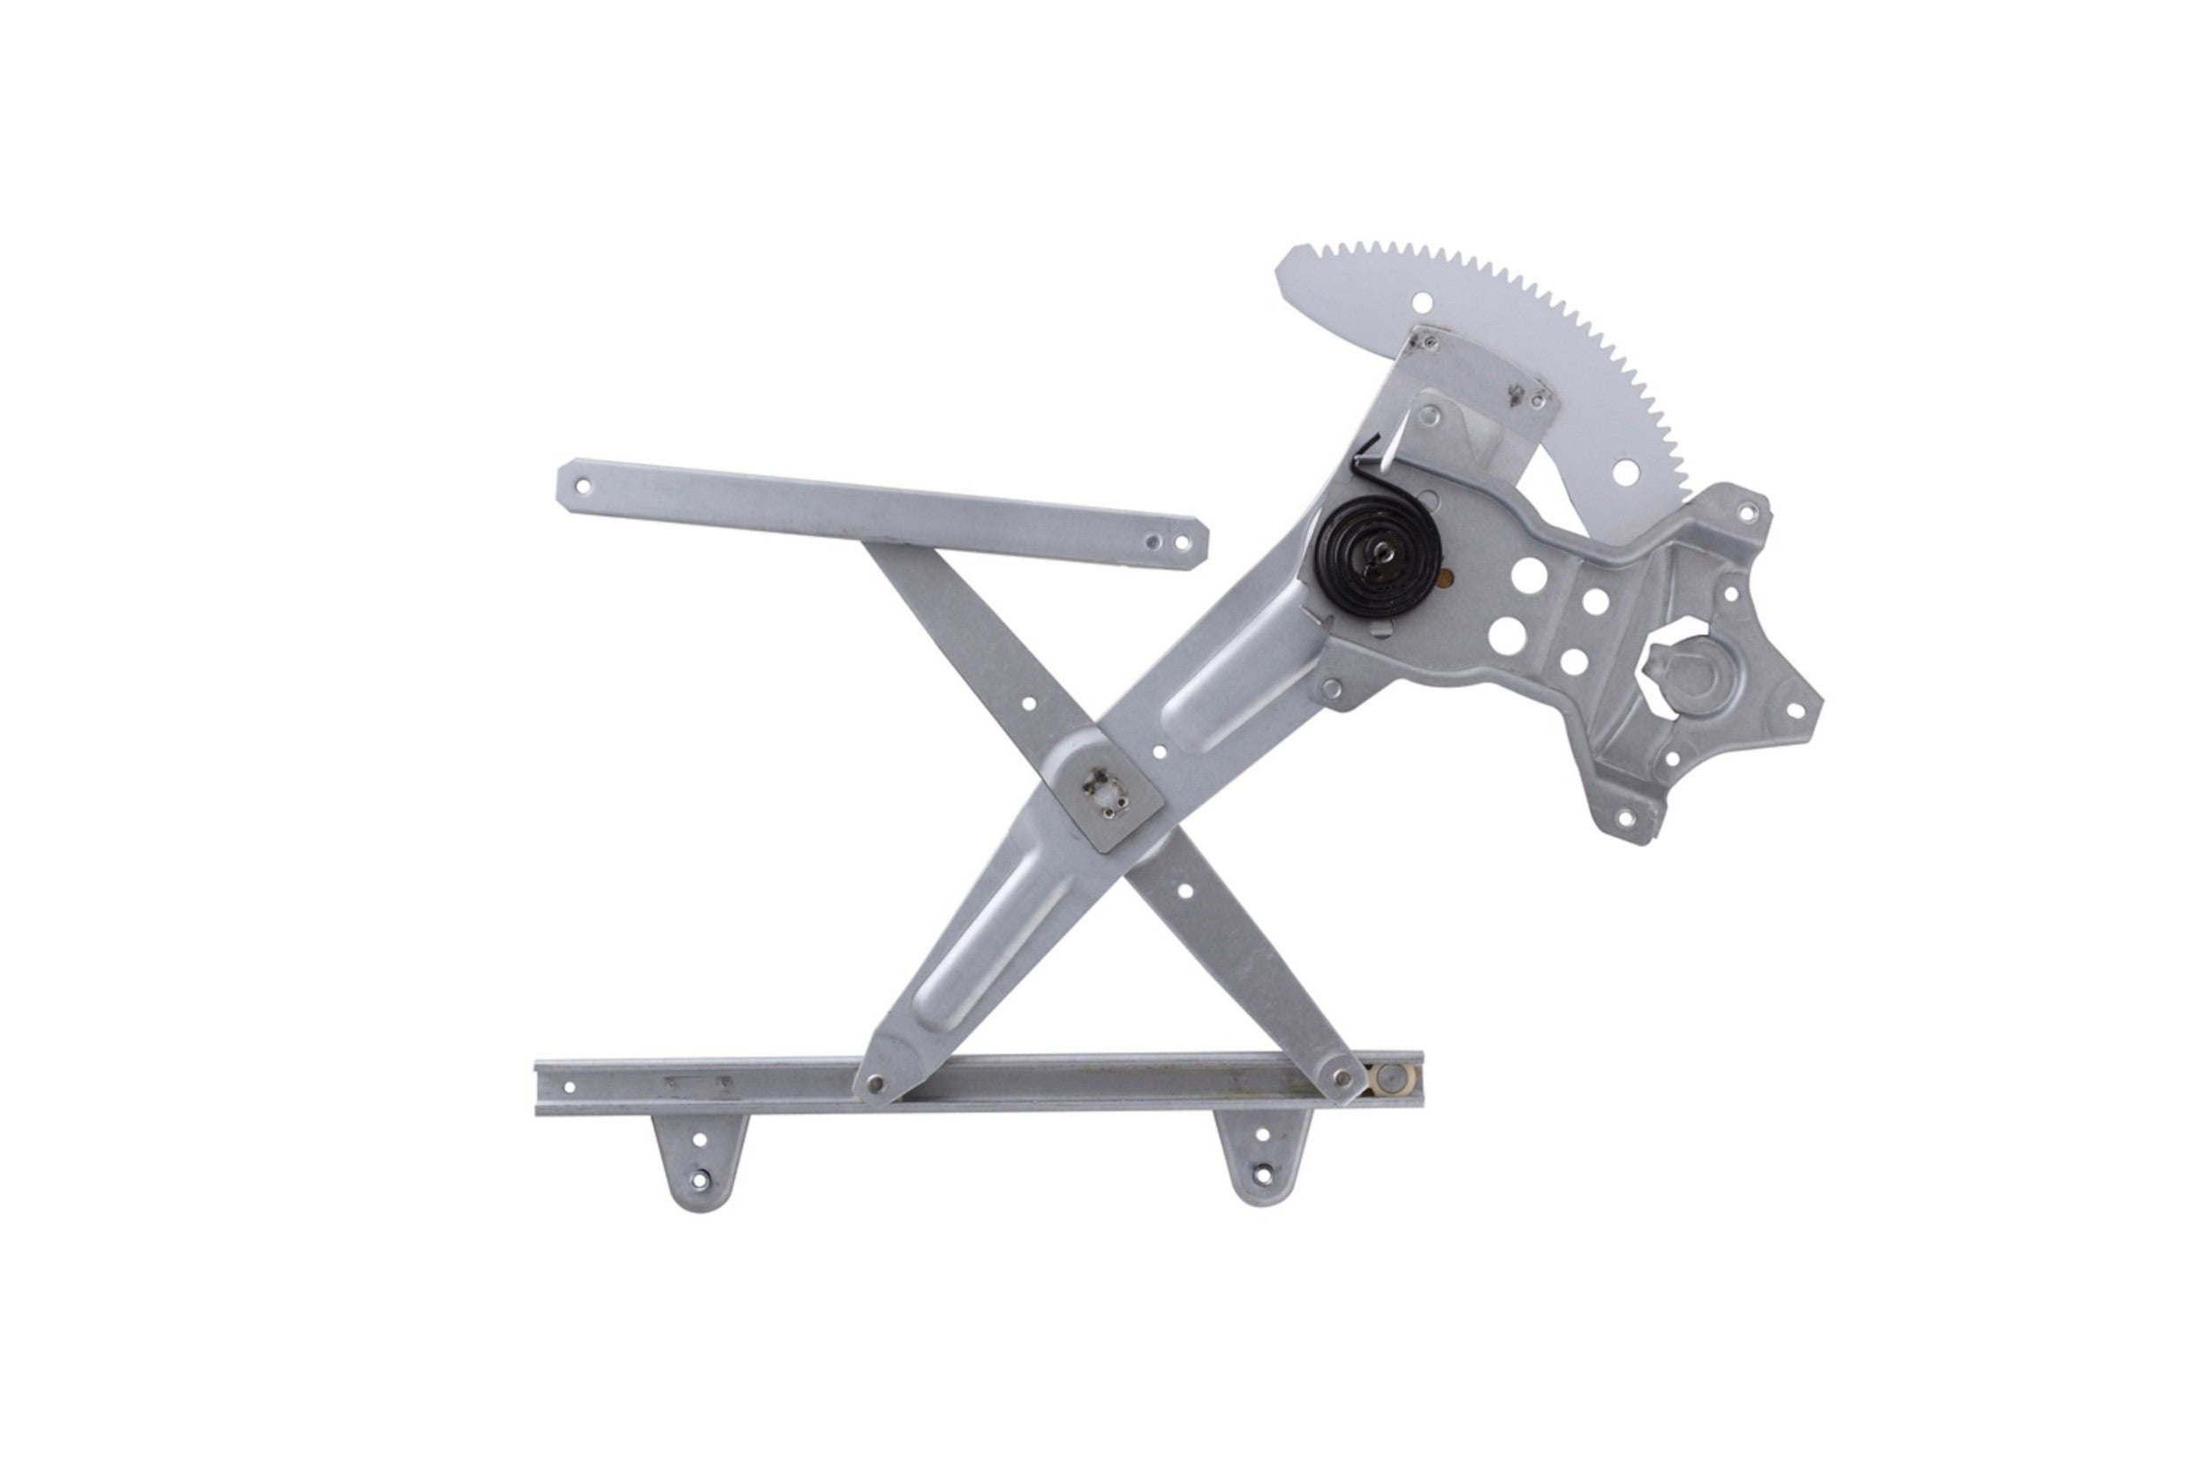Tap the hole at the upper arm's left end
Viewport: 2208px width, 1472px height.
click(x=582, y=487)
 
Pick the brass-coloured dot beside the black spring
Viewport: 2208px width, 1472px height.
click(x=1449, y=577)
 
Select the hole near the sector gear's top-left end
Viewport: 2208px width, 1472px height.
click(x=1423, y=301)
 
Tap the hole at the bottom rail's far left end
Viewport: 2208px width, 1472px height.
click(x=568, y=1087)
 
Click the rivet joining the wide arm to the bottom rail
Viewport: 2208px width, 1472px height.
click(x=875, y=1083)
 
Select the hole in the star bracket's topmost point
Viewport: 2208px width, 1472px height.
click(x=1746, y=512)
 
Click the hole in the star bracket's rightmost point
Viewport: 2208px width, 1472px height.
click(x=1796, y=711)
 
